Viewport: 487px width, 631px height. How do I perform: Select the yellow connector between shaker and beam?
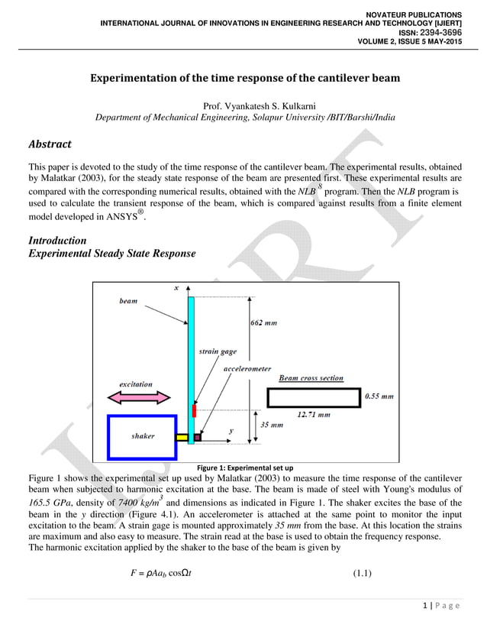point(182,438)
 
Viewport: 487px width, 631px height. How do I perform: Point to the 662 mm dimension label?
point(265,323)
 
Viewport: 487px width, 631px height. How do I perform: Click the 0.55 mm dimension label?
point(379,396)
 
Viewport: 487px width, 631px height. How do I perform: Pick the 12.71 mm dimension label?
point(313,415)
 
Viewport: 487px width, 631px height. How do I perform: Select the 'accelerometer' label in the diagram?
point(247,368)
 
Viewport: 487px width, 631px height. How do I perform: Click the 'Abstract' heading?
point(50,144)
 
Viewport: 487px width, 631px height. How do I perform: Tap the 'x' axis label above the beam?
point(176,288)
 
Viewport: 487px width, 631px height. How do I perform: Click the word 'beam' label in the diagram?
point(128,301)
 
